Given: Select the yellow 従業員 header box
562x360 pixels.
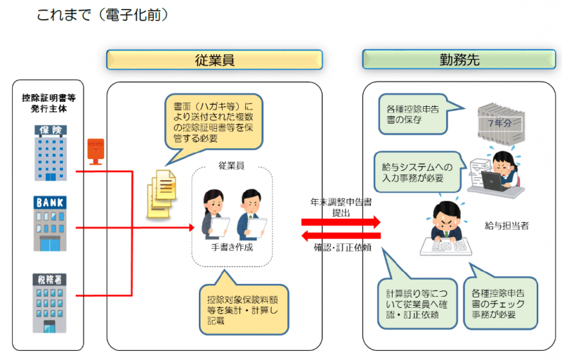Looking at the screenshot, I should pos(214,60).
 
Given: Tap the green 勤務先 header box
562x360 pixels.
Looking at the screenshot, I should pos(460,60).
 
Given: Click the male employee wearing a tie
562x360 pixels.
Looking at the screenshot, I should pos(251,214).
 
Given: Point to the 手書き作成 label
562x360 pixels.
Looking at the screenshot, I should pos(231,247).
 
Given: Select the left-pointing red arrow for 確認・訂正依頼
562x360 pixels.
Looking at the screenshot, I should pos(341,236).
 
